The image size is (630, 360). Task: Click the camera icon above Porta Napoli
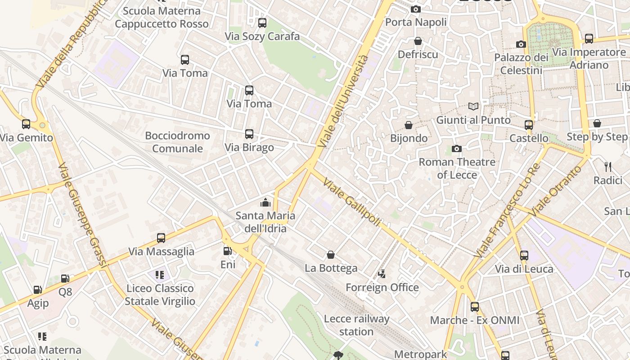click(x=415, y=9)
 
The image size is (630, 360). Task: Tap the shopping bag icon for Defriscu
click(x=418, y=41)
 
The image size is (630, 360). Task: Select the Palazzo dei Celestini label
click(x=521, y=64)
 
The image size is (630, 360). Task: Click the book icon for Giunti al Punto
click(x=473, y=107)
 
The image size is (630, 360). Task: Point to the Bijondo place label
click(x=409, y=138)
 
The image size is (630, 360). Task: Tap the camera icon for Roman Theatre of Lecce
click(x=457, y=149)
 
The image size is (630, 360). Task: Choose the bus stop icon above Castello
click(x=529, y=125)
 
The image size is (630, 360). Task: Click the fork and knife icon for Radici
click(x=608, y=167)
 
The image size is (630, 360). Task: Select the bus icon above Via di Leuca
click(x=524, y=256)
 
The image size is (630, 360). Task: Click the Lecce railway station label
click(x=356, y=325)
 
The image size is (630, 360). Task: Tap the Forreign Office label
click(x=382, y=287)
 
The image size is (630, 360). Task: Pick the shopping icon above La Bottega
click(x=331, y=255)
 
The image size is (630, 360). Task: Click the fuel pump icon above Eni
click(x=228, y=251)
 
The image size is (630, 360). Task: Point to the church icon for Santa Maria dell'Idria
click(x=265, y=202)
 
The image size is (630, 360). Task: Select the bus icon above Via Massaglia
click(x=161, y=238)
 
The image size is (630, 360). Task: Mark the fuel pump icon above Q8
click(x=65, y=279)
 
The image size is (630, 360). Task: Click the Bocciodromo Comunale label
click(x=177, y=142)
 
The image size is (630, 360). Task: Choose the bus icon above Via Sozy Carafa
click(x=262, y=23)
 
